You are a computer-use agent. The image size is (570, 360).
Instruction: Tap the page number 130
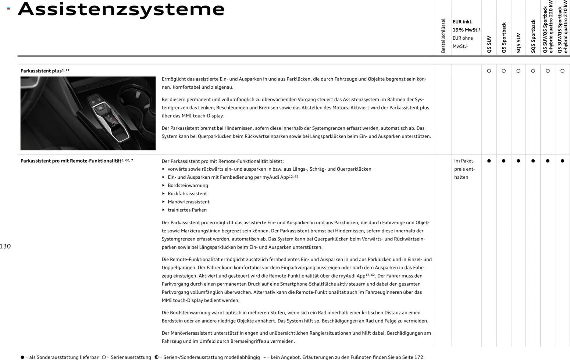coord(6,246)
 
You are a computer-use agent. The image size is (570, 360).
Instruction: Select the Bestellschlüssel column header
coord(443,36)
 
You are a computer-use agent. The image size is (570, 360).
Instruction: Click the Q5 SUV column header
coord(489,44)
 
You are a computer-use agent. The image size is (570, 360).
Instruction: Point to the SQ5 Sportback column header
coord(533,36)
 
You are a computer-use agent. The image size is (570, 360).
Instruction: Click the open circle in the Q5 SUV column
coord(489,71)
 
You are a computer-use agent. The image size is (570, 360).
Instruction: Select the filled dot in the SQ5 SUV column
coord(519,161)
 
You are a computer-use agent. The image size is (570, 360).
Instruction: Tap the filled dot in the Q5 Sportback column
coord(504,161)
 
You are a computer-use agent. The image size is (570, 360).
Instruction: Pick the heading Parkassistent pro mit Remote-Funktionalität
coord(71,161)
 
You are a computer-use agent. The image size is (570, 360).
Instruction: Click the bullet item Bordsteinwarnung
coord(188,186)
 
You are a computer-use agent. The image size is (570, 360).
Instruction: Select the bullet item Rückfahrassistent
coord(187,194)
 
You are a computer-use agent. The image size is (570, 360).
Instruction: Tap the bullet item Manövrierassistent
coord(188,202)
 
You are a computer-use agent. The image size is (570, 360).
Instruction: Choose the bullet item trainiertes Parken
coord(187,210)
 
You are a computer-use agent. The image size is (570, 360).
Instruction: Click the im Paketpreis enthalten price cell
coord(464,169)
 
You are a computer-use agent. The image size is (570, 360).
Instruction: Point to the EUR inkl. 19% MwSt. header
coord(466,26)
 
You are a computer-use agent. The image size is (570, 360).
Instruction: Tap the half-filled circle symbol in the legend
coord(157,357)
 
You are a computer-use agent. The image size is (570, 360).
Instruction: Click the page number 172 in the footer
coord(419,357)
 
